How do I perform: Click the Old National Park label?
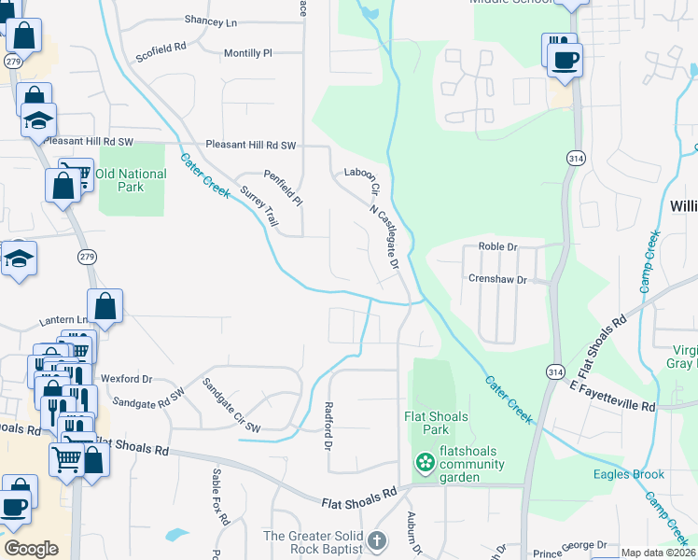click(x=131, y=180)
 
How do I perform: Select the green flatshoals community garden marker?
click(x=426, y=462)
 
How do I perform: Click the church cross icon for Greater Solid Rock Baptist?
click(x=376, y=540)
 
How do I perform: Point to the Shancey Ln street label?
click(x=211, y=21)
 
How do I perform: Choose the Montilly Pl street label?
click(x=247, y=53)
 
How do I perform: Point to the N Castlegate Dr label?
click(x=385, y=238)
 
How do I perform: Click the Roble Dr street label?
click(x=497, y=246)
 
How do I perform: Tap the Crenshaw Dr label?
click(x=497, y=280)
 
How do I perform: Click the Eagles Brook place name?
click(x=629, y=474)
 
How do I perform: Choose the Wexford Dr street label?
click(x=126, y=379)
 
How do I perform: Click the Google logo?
click(x=31, y=549)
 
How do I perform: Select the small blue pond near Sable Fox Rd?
click(x=175, y=535)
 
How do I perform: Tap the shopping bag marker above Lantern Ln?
click(x=105, y=306)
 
